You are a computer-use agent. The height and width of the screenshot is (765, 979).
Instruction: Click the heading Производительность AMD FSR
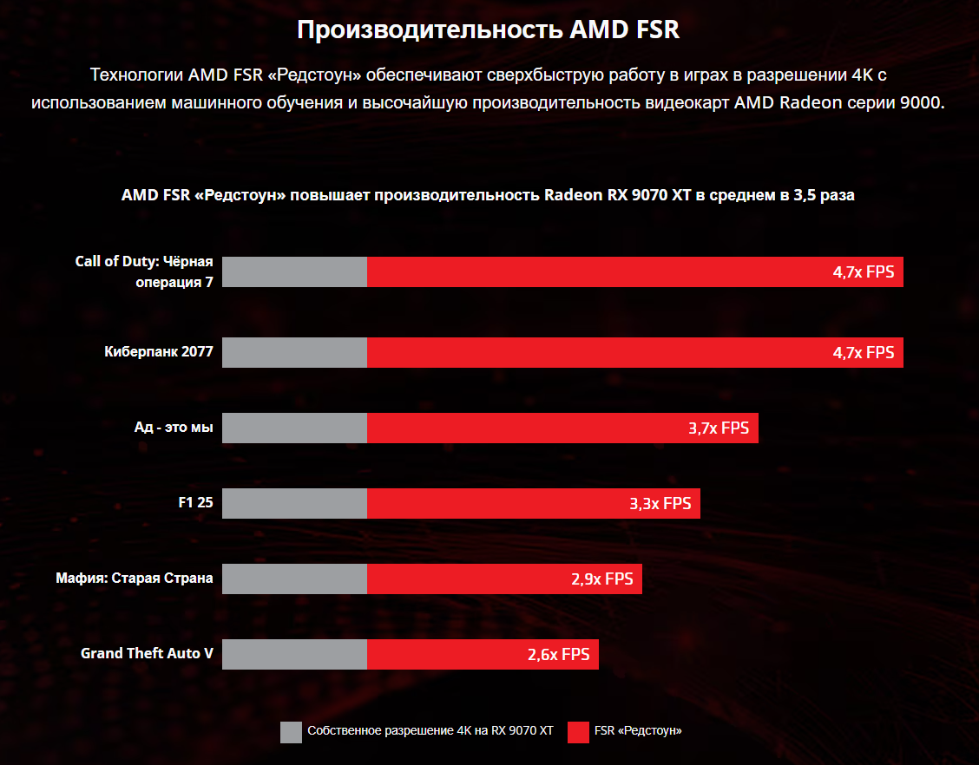489,29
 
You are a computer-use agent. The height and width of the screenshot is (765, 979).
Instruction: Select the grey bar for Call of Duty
294,271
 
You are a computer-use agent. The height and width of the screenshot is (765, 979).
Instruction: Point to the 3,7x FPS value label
719,428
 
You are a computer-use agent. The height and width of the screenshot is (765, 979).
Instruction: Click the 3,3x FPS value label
660,503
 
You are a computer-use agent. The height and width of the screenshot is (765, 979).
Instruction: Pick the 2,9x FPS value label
602,579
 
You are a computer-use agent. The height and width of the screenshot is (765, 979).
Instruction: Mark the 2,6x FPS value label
558,655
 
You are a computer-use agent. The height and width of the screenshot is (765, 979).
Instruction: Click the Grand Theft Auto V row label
147,653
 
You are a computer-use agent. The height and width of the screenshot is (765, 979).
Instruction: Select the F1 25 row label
195,502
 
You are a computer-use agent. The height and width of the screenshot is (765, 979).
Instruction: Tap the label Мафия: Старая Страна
135,578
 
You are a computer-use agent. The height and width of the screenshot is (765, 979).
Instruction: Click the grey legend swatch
292,732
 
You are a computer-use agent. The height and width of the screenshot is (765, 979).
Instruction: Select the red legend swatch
579,732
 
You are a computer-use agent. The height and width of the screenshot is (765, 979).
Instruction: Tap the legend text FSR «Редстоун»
638,731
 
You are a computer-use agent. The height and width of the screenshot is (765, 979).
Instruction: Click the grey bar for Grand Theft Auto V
294,655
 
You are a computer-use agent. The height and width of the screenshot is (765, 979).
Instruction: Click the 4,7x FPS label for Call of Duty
863,271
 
